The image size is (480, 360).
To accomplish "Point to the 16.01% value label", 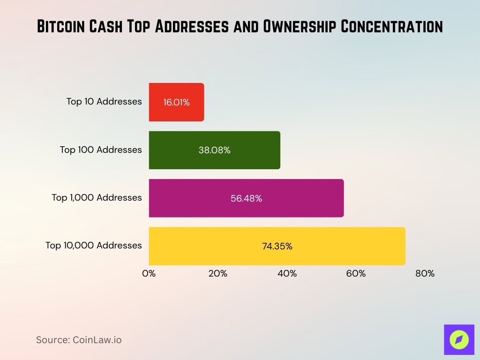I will coord(177,102).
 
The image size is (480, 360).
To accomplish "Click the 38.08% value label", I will coord(214,150).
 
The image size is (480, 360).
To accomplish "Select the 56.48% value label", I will coord(246,198).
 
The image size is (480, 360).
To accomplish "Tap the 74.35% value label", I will coord(277,246).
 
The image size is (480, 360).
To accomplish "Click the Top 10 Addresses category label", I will coord(104,101).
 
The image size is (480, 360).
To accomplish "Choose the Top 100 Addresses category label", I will coord(101,150).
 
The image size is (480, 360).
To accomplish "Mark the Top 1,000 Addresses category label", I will coord(97,197).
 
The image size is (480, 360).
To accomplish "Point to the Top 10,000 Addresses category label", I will coord(93,245).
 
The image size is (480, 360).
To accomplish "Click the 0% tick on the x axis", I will coord(149,274).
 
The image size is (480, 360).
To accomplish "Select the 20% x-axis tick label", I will coord(218,274).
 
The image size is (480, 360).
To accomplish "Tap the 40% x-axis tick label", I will coord(287,274).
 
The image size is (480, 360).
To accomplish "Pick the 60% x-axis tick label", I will coord(356,274).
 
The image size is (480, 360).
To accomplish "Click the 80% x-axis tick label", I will coord(425,274).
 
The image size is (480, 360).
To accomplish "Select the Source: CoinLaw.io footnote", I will coord(79,340).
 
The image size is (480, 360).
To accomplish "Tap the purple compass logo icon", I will coord(459,339).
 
